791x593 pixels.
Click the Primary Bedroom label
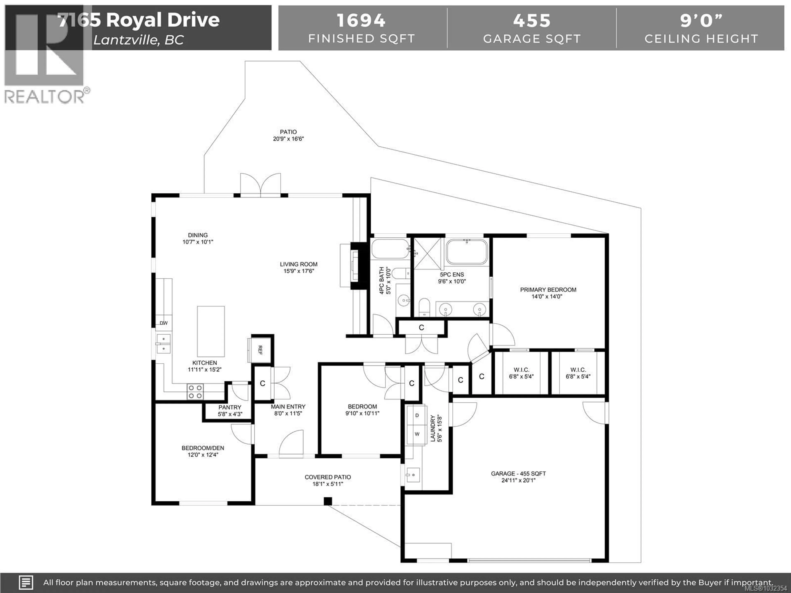coord(548,289)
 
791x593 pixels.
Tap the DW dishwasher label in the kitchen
coord(163,323)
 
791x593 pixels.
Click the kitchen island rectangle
coord(211,331)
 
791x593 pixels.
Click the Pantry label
coord(230,407)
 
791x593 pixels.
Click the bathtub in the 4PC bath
coord(390,249)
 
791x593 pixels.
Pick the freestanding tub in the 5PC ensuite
coord(467,252)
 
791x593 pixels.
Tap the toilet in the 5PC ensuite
coord(424,307)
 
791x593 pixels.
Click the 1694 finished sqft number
coord(361,20)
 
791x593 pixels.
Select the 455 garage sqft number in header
coord(532,20)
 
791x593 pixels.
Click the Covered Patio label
coord(328,477)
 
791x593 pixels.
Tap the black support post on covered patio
coord(328,501)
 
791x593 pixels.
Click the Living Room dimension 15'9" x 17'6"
coord(299,271)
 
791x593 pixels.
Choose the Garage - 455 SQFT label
coord(518,474)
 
